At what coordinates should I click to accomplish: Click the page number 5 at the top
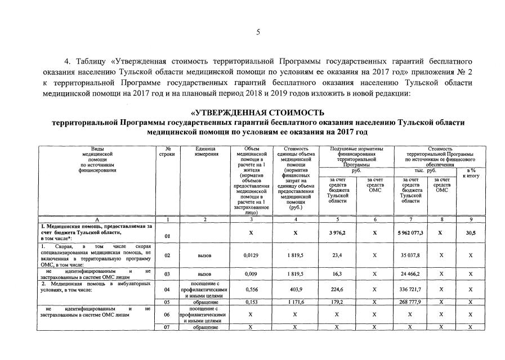point(258,32)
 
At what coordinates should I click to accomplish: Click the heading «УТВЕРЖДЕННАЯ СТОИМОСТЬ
point(257,112)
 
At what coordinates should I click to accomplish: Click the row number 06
point(167,316)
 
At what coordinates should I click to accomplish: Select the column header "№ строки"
point(167,151)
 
